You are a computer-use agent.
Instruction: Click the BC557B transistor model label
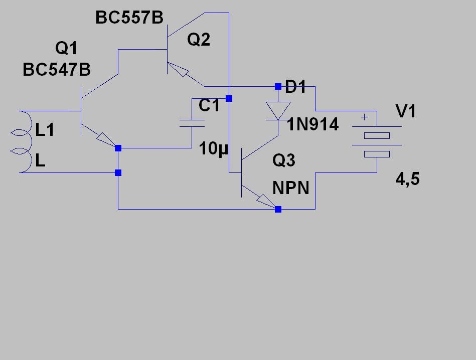129,18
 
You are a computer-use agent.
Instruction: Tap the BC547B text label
57,70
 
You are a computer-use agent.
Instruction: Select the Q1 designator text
66,48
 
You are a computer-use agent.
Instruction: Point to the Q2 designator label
199,40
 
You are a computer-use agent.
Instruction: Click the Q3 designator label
284,160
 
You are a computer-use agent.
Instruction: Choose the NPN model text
291,188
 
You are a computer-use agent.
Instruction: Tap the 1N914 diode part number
312,124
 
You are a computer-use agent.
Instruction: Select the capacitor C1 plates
192,123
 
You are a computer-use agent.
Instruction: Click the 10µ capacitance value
213,149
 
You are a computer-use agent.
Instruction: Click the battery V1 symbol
377,142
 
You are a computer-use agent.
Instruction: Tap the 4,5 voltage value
407,178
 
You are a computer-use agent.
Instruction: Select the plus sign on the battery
365,117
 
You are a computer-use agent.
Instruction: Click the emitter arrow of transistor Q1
106,140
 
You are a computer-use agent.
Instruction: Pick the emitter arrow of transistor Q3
266,202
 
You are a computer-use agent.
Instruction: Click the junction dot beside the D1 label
278,87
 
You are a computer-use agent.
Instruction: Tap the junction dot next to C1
229,98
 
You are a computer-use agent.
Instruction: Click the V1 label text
406,111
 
